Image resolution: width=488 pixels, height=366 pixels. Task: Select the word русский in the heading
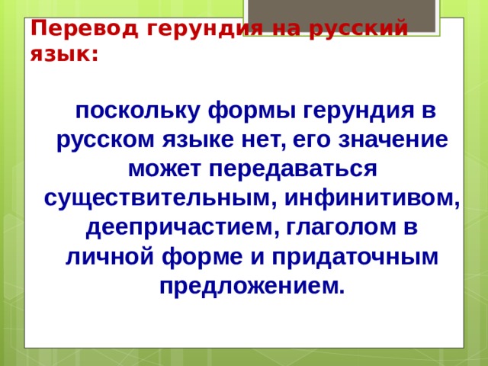coord(358,30)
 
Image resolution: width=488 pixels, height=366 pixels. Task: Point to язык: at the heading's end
coord(64,55)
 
